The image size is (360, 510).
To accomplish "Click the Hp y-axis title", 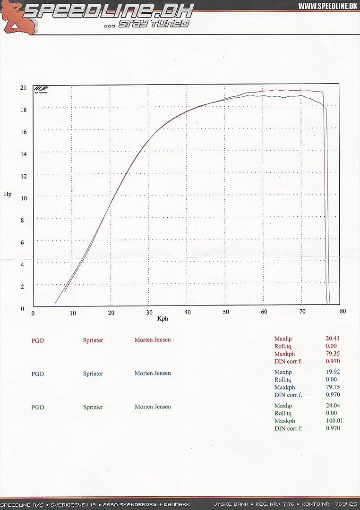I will click(8, 194).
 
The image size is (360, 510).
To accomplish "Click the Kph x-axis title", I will click(163, 319).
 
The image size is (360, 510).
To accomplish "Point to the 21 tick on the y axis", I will click(23, 87).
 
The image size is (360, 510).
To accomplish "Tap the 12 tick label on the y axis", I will click(23, 176).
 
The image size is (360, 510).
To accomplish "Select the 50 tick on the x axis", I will click(226, 312).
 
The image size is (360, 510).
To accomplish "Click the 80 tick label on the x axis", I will click(343, 311).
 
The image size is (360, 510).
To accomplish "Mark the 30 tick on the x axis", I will click(149, 312).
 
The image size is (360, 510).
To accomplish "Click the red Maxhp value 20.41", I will click(333, 339).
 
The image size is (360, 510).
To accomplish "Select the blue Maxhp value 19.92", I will click(333, 372).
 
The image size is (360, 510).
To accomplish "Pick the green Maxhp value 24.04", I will click(333, 406).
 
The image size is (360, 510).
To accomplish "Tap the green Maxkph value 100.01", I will click(334, 421).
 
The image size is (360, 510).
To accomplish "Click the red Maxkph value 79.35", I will click(333, 354).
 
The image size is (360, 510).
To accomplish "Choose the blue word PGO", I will click(38, 374).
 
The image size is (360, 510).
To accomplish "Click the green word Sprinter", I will click(93, 407).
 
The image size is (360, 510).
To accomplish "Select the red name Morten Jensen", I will click(153, 340).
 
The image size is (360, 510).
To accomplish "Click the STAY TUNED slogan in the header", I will click(154, 24).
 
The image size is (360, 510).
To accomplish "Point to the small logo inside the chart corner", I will click(41, 90).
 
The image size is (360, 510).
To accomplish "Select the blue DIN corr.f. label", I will click(288, 395).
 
